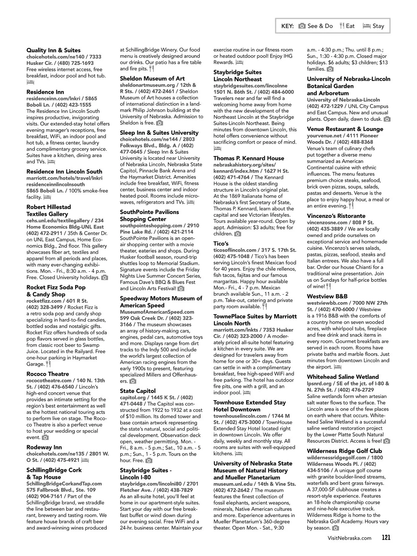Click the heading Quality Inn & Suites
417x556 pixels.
[54, 50]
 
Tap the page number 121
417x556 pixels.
[386, 538]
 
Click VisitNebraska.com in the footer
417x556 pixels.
[349, 538]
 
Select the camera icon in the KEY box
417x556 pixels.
[302, 26]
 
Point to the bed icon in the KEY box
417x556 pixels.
[366, 26]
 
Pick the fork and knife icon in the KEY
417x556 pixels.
[342, 26]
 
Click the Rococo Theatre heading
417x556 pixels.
[48, 374]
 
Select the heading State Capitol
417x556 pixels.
[138, 391]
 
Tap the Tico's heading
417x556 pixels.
[221, 244]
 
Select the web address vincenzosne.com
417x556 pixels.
[327, 222]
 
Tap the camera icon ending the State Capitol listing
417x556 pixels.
[149, 461]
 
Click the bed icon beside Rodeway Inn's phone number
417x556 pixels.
[85, 460]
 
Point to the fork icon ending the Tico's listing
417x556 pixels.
[265, 306]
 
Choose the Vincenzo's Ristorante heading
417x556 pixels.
[336, 216]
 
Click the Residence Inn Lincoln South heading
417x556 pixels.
[64, 172]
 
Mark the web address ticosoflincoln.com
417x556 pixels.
[235, 250]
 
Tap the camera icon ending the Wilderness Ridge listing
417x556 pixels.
[335, 528]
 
